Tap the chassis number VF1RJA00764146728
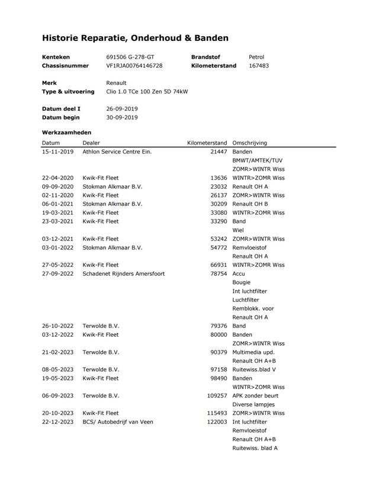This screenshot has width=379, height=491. [x=134, y=66]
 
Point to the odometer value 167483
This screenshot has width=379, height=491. [x=259, y=66]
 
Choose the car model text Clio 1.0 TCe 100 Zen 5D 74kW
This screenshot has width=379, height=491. [x=147, y=92]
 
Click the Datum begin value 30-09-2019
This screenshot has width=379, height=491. [x=122, y=117]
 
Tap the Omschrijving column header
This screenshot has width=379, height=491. [x=250, y=143]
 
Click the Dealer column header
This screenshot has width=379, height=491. [x=91, y=143]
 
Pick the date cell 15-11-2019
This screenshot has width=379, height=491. [x=57, y=152]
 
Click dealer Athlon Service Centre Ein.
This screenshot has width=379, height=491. [x=117, y=152]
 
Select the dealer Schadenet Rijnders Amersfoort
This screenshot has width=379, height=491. [x=123, y=273]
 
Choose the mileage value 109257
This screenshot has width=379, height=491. [x=216, y=396]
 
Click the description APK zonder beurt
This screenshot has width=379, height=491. [x=255, y=396]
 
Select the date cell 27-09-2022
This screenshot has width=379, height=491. [x=57, y=273]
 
